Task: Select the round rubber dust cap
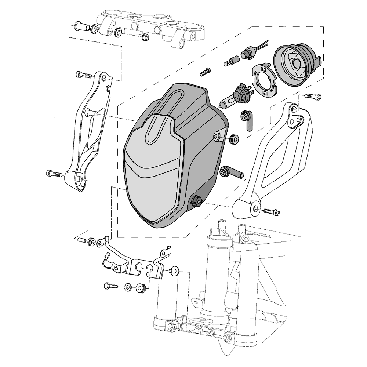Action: pyautogui.click(x=297, y=65)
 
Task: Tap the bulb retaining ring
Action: pyautogui.click(x=264, y=79)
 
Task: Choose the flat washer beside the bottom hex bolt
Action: pyautogui.click(x=127, y=287)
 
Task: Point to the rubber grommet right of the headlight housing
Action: pyautogui.click(x=234, y=139)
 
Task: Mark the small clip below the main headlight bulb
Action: pyautogui.click(x=247, y=119)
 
